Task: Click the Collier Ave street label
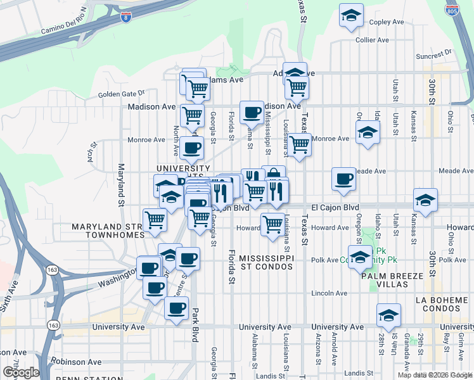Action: pyautogui.click(x=372, y=39)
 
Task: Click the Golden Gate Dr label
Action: pyautogui.click(x=122, y=94)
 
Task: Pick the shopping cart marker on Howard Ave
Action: pyautogui.click(x=272, y=224)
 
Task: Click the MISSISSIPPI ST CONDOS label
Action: pyautogui.click(x=267, y=263)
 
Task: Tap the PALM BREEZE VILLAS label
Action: pyautogui.click(x=394, y=281)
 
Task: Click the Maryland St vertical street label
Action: pyautogui.click(x=120, y=185)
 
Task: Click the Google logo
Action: pyautogui.click(x=20, y=372)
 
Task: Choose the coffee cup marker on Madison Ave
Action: pyautogui.click(x=252, y=112)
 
